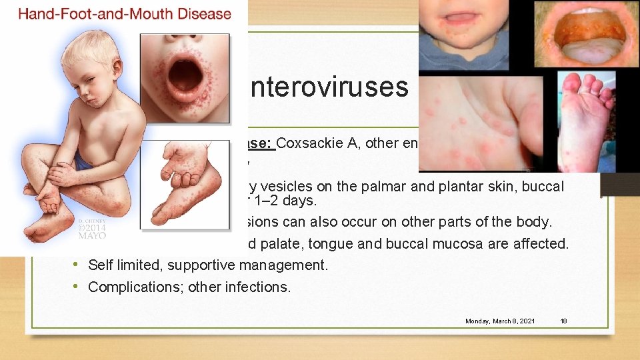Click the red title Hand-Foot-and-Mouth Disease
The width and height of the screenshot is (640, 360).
(x=125, y=13)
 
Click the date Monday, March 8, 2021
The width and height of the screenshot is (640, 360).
(x=500, y=321)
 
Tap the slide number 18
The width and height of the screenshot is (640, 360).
(x=563, y=321)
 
